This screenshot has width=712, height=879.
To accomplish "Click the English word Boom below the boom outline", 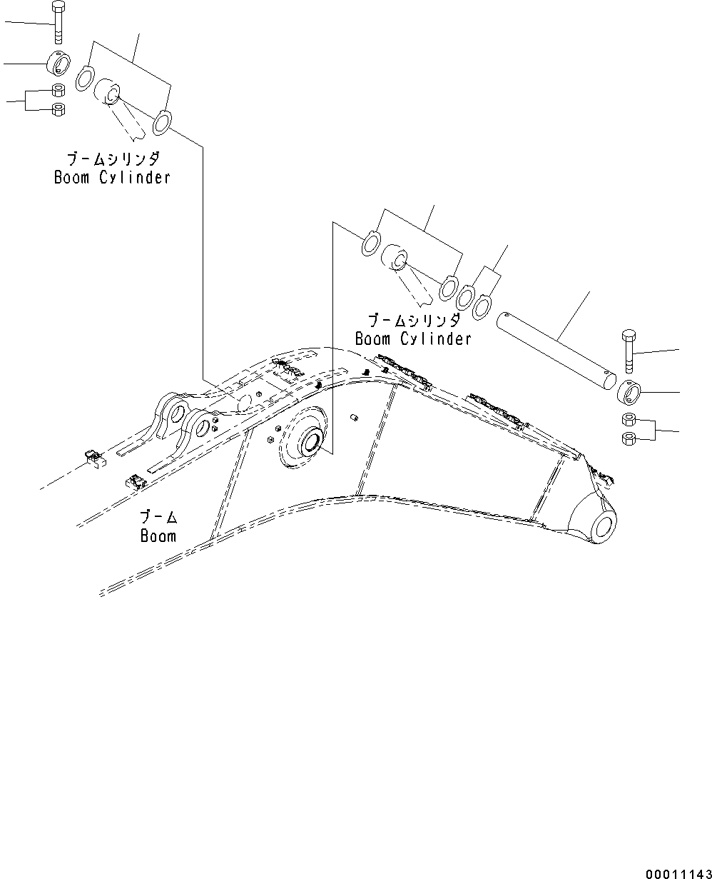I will tap(158, 535).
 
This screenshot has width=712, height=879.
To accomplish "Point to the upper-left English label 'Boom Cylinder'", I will tap(112, 177).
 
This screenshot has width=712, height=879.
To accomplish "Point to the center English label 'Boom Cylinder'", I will tap(413, 338).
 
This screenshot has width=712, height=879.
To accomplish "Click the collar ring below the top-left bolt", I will tap(59, 64).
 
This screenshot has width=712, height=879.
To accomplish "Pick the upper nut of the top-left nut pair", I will tap(59, 91).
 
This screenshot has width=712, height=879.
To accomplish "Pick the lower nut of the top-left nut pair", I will tap(59, 109).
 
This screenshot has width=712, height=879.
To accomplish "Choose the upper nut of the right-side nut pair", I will tap(629, 419).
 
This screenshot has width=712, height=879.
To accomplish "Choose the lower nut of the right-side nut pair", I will tap(629, 437).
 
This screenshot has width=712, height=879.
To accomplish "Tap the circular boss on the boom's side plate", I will tap(310, 443).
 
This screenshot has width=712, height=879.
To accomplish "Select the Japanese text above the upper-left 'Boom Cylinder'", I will tap(113, 159).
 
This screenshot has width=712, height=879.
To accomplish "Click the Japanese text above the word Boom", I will tap(158, 516).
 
